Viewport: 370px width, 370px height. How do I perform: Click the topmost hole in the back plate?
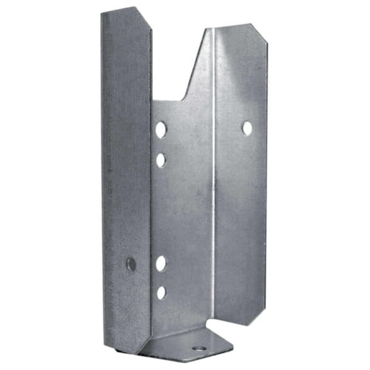tap(161, 129)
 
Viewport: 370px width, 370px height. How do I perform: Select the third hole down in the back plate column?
tap(161, 263)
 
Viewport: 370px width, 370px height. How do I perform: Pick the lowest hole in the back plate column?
tap(161, 292)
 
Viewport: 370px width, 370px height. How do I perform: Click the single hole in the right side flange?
tap(247, 128)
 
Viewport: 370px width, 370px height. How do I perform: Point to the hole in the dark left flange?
tap(131, 263)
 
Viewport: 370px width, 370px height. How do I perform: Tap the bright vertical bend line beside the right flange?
tap(213, 193)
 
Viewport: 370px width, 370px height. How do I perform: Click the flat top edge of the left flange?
tap(119, 10)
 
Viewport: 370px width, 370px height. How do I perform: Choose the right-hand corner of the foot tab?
tap(231, 351)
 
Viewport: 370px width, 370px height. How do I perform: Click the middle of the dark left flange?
tap(126, 180)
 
